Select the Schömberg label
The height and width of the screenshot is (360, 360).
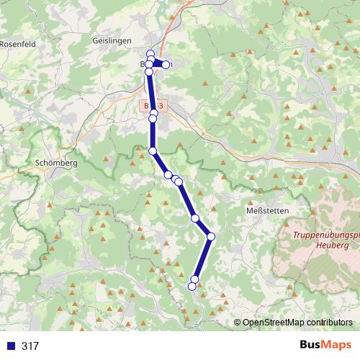(55, 163)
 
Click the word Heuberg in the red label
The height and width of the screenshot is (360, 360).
(333, 245)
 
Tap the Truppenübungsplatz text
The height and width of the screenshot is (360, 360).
(326, 235)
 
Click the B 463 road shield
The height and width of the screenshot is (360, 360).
(153, 106)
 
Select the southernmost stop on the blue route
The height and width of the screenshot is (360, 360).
(192, 287)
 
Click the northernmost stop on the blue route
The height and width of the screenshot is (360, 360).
(150, 54)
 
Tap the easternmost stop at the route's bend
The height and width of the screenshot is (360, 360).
(211, 236)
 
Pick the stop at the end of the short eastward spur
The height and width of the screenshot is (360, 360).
(166, 65)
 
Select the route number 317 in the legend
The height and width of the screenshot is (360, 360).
(30, 346)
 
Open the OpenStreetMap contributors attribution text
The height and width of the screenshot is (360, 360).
(300, 323)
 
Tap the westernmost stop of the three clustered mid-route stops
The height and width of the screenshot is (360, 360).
(168, 175)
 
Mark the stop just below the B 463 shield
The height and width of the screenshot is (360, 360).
(153, 114)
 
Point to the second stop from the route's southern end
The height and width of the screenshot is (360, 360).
(195, 279)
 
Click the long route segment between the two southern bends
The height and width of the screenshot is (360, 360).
(203, 257)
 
